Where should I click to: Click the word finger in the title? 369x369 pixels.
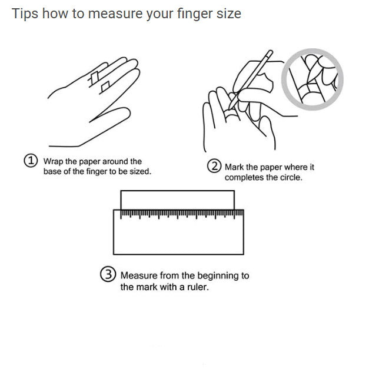tap(195, 14)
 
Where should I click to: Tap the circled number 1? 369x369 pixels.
tap(31, 161)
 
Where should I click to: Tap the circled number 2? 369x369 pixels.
tap(215, 167)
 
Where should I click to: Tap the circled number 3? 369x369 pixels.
tap(108, 275)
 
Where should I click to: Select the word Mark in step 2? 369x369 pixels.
tap(234, 167)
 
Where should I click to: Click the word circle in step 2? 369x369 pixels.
tap(288, 177)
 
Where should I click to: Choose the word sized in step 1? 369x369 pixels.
tap(139, 171)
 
